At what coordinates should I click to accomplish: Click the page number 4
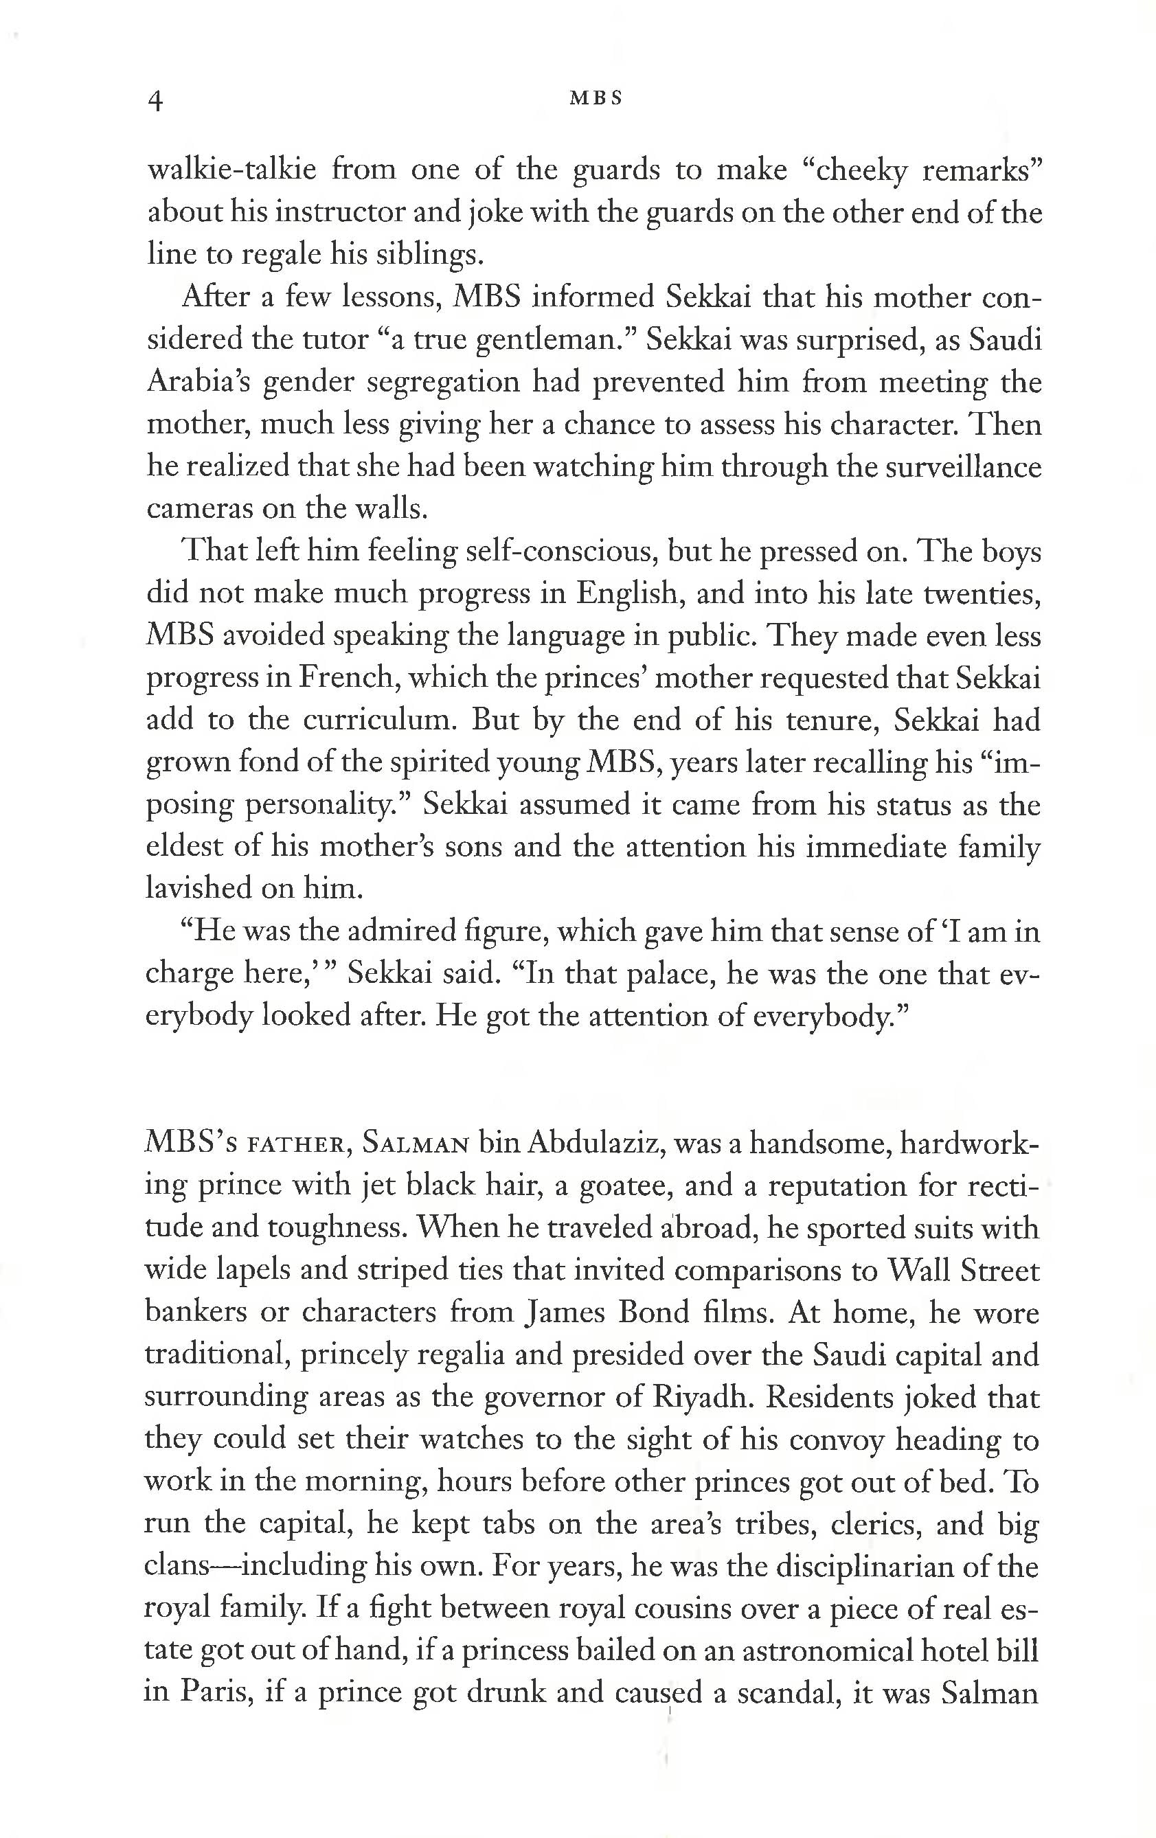tap(156, 101)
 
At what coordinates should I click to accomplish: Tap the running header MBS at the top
tap(596, 98)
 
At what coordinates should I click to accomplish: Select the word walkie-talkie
tap(231, 170)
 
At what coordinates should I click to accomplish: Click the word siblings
tap(431, 254)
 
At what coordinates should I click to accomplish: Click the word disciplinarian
tap(868, 1567)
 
